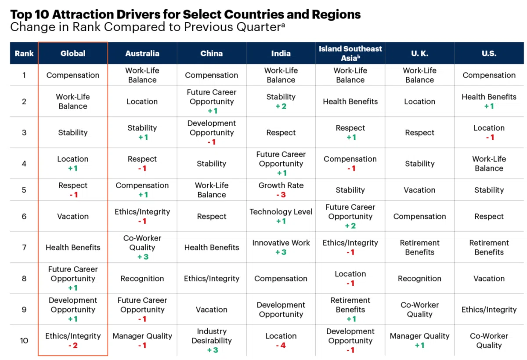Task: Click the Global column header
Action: [73, 54]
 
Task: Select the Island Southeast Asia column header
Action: [350, 53]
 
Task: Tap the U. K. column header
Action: [419, 54]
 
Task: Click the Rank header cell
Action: [24, 54]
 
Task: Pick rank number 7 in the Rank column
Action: [24, 247]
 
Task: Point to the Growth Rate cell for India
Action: [281, 185]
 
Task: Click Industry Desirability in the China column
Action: [212, 336]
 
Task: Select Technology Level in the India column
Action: [281, 212]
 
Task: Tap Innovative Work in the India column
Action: [281, 243]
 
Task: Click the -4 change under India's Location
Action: [281, 345]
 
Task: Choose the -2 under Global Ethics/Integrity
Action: [73, 345]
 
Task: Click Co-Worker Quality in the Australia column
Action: [142, 243]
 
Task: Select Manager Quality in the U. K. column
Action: [419, 336]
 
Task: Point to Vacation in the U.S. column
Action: [489, 279]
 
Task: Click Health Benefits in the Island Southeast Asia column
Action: [350, 102]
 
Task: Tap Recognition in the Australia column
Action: [142, 279]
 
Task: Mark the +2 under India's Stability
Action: [281, 106]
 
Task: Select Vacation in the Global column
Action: [73, 216]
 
